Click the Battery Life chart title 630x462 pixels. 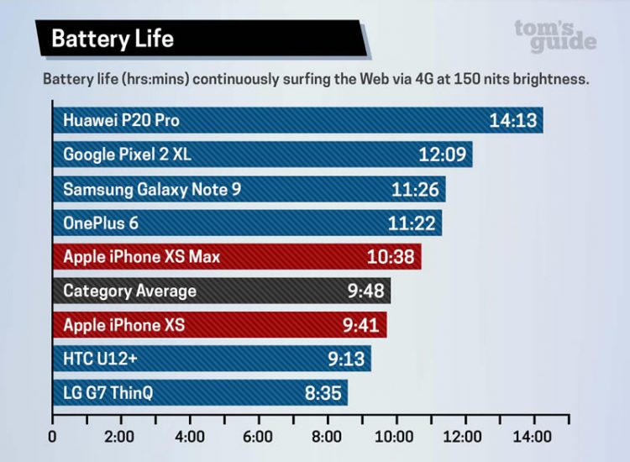(113, 39)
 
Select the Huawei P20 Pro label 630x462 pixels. (121, 121)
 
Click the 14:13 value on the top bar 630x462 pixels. (512, 121)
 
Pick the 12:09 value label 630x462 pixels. (441, 155)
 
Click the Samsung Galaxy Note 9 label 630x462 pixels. (152, 189)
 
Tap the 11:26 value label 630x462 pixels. (415, 189)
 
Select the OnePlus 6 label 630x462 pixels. (101, 223)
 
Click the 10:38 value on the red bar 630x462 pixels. (391, 257)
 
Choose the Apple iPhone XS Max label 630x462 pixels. (141, 257)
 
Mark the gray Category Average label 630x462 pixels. (129, 291)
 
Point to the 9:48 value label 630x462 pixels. (365, 291)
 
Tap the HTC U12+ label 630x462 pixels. (99, 360)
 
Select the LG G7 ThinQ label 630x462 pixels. (108, 393)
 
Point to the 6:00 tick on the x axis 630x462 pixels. (258, 437)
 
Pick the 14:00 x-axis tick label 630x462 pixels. (531, 437)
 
